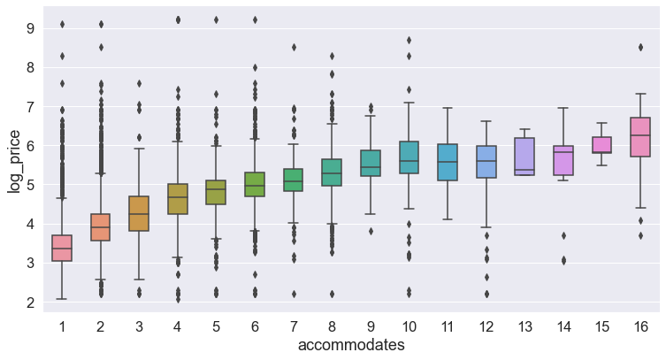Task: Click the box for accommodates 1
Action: point(62,248)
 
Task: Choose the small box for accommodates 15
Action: point(602,145)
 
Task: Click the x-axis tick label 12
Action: point(486,326)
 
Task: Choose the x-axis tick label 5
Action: point(216,326)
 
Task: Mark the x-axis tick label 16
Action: point(640,326)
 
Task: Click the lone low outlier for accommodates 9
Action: point(371,231)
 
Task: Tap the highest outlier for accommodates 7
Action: point(294,47)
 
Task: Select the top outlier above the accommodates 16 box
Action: point(640,47)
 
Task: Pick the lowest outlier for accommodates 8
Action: point(333,294)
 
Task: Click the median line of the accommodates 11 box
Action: point(448,162)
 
